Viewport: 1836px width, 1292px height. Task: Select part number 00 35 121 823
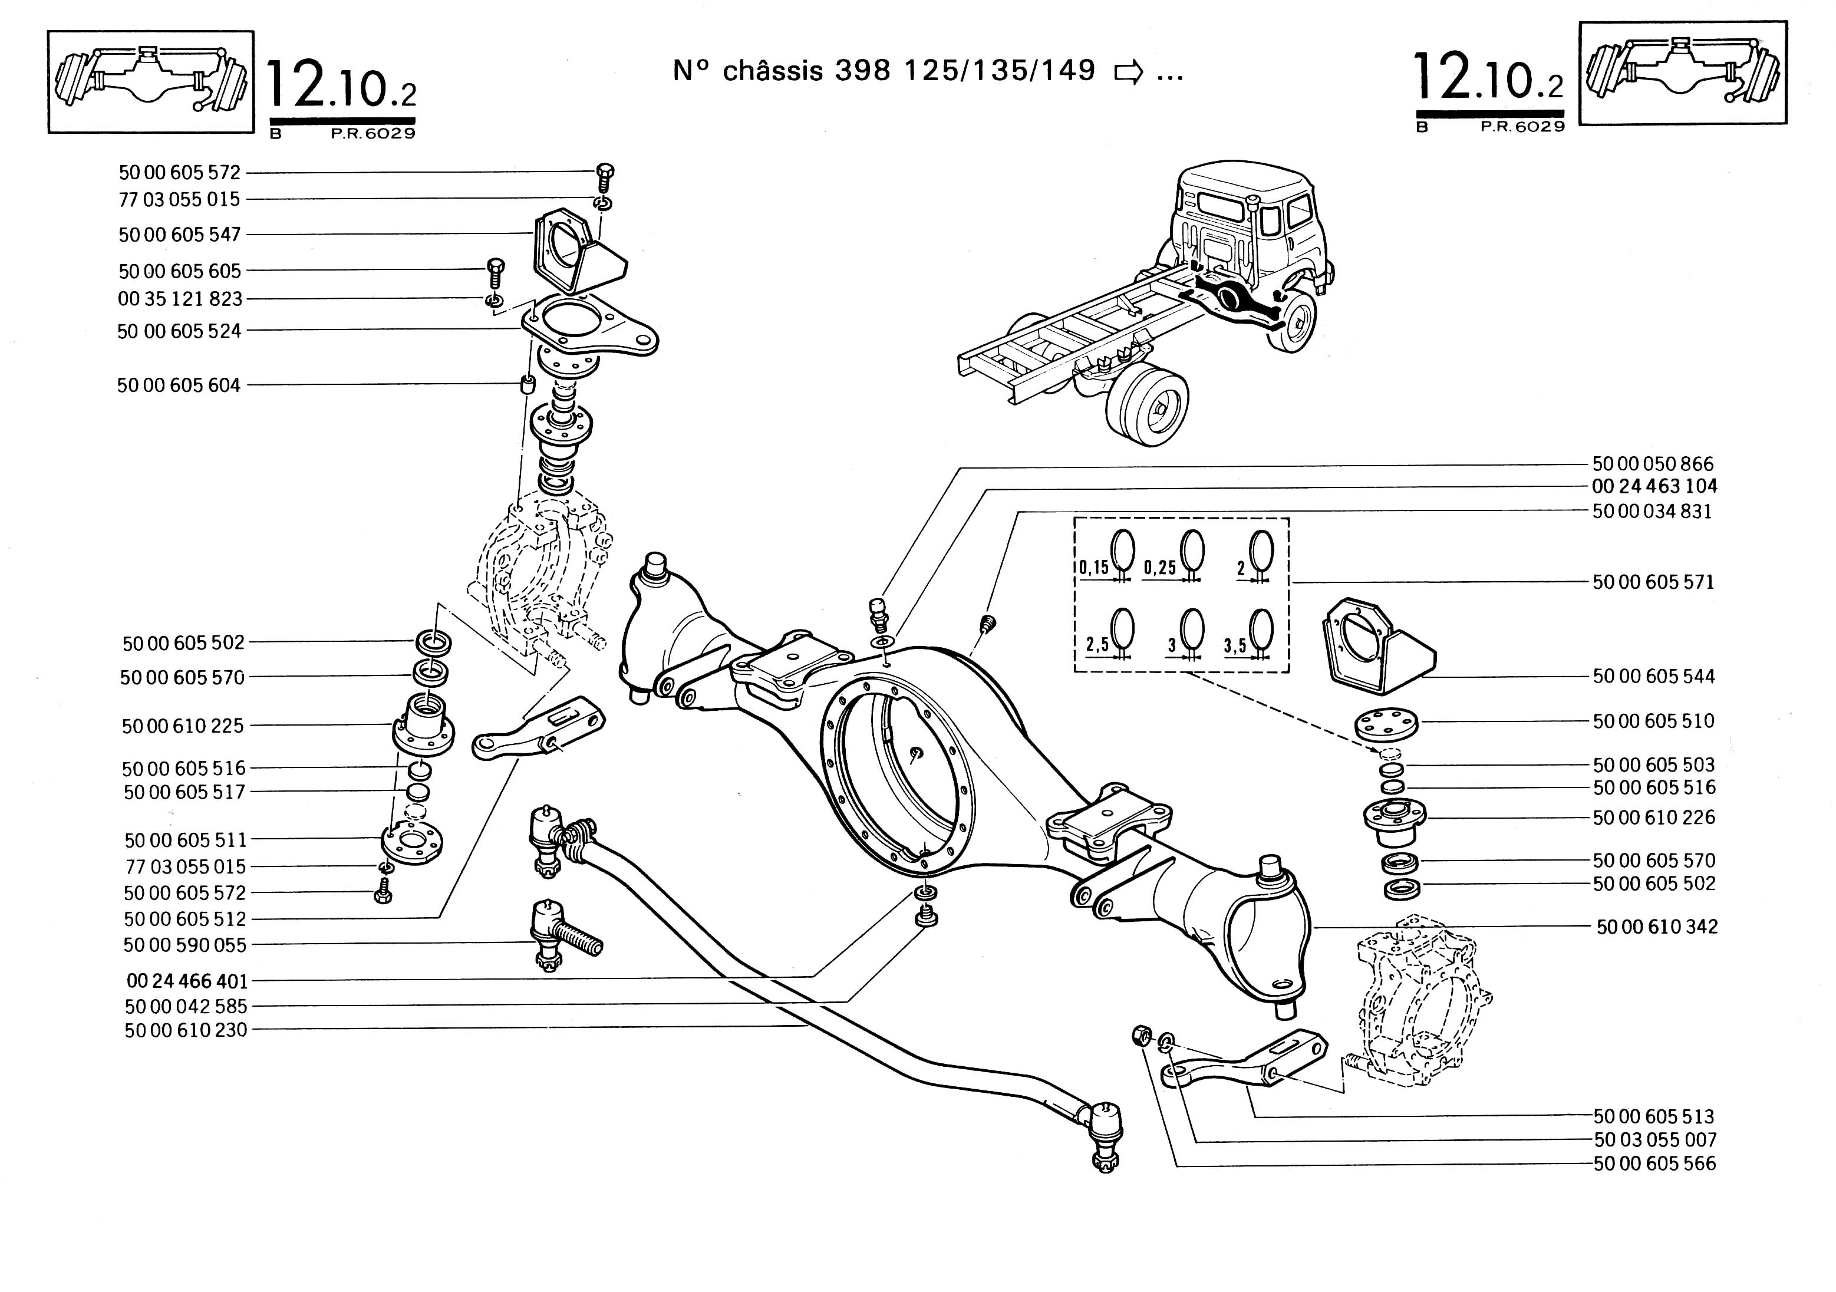tap(179, 299)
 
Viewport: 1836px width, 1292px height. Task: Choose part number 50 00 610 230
tap(186, 1030)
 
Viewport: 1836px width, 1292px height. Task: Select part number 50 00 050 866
tap(1653, 464)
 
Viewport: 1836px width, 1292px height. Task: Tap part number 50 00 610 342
tap(1657, 927)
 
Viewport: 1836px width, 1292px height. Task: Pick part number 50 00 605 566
tap(1654, 1164)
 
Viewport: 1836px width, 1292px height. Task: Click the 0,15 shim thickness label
tap(1094, 568)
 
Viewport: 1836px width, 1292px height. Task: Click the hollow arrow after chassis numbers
tap(1128, 72)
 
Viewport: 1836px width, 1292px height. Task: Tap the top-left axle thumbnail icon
tap(150, 81)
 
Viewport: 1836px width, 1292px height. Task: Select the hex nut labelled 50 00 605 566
tap(1141, 1037)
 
